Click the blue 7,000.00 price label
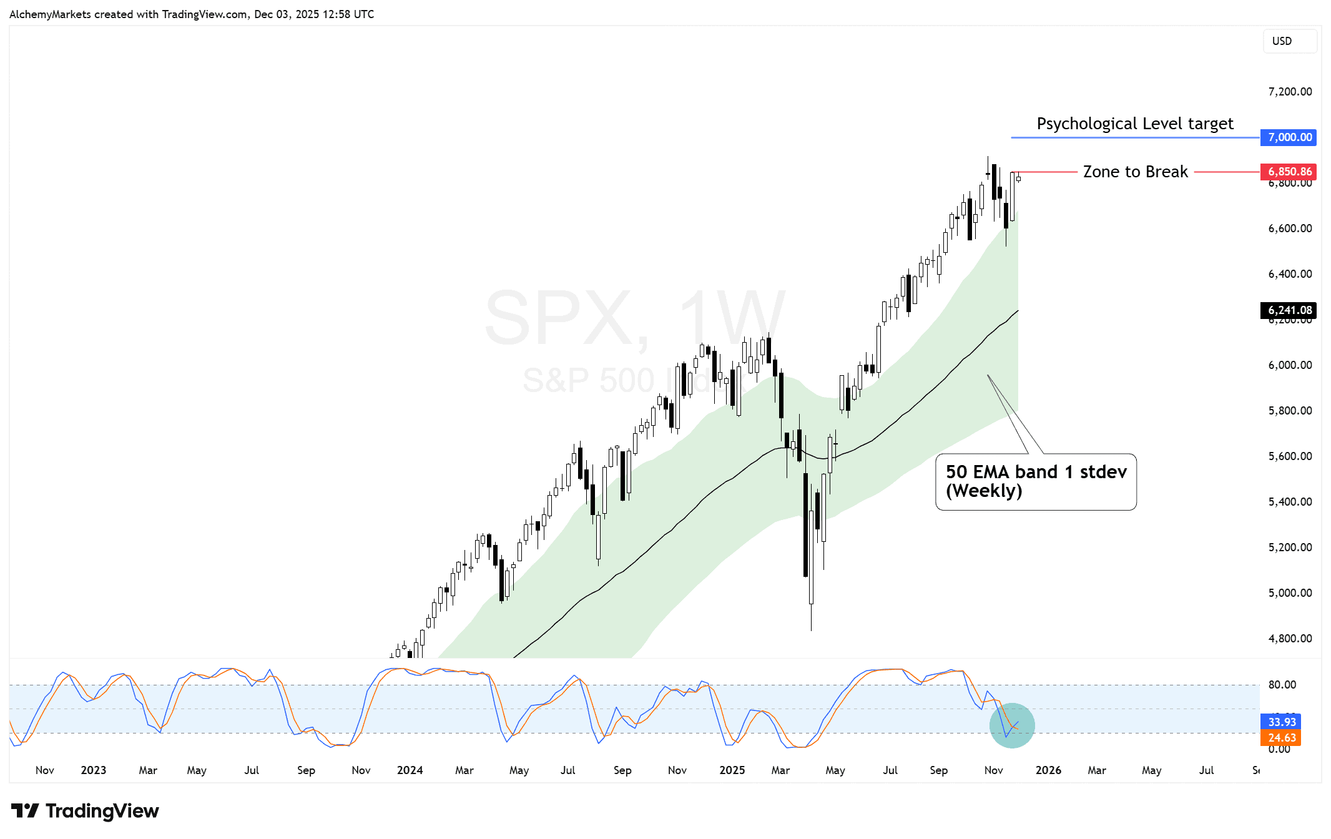(1289, 137)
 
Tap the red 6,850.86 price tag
(1289, 172)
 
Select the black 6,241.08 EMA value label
(1289, 310)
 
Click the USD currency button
(1282, 41)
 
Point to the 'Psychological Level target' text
(1134, 124)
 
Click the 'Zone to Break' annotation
(1135, 172)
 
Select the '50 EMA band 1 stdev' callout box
(1036, 481)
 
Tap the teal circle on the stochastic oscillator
(1012, 725)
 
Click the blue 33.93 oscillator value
(1281, 722)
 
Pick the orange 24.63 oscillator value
(1281, 738)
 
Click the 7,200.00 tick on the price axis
(1289, 92)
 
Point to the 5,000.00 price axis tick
(1289, 593)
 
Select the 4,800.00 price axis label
(1289, 639)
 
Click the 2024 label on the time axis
(410, 770)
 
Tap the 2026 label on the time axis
(1048, 770)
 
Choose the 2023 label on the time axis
(93, 770)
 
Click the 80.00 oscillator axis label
(1282, 685)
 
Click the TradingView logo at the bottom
(86, 811)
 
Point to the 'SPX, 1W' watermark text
(634, 318)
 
